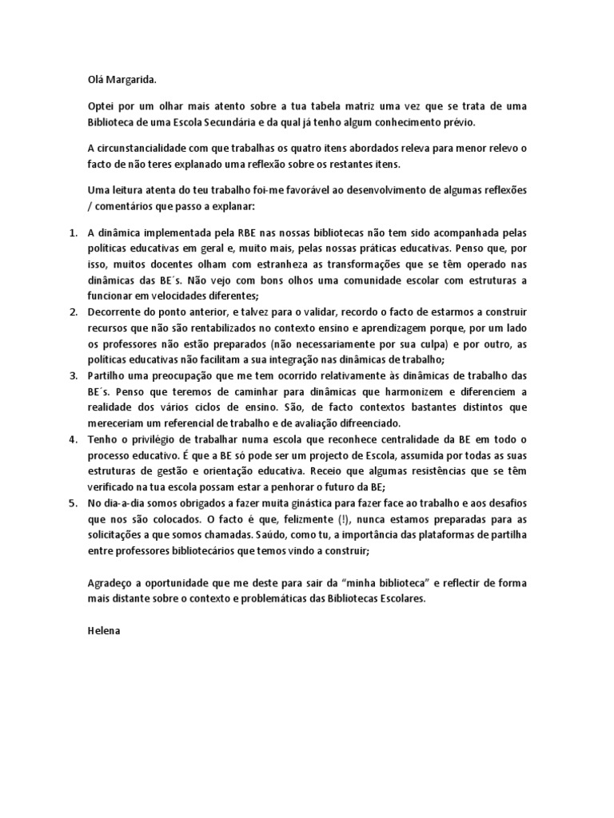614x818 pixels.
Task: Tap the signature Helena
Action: pyautogui.click(x=103, y=629)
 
